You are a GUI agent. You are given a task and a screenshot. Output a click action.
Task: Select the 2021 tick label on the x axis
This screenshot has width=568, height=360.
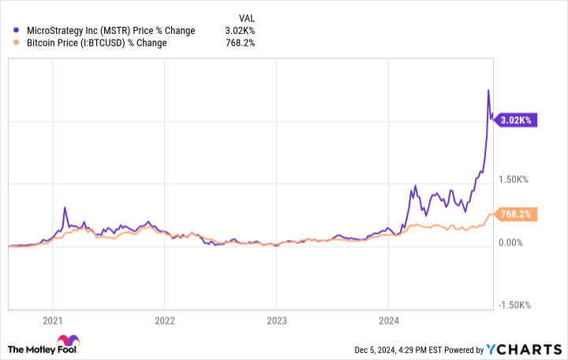52,321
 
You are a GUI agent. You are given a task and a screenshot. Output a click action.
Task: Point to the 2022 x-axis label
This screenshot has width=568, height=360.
164,321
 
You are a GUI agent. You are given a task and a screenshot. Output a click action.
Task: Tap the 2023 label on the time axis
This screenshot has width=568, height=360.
276,321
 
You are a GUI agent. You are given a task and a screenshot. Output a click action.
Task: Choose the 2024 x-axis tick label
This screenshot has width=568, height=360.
388,321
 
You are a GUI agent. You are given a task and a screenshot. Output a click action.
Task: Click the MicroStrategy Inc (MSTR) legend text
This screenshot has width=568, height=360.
110,31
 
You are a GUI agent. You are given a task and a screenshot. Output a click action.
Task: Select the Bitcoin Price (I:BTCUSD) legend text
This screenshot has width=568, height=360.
95,43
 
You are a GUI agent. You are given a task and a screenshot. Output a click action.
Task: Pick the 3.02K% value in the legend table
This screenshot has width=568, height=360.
241,31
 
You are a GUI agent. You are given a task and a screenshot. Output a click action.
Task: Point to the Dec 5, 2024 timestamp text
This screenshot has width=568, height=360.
394,350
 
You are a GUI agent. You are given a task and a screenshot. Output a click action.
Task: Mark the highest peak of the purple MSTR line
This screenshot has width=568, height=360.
488,91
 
